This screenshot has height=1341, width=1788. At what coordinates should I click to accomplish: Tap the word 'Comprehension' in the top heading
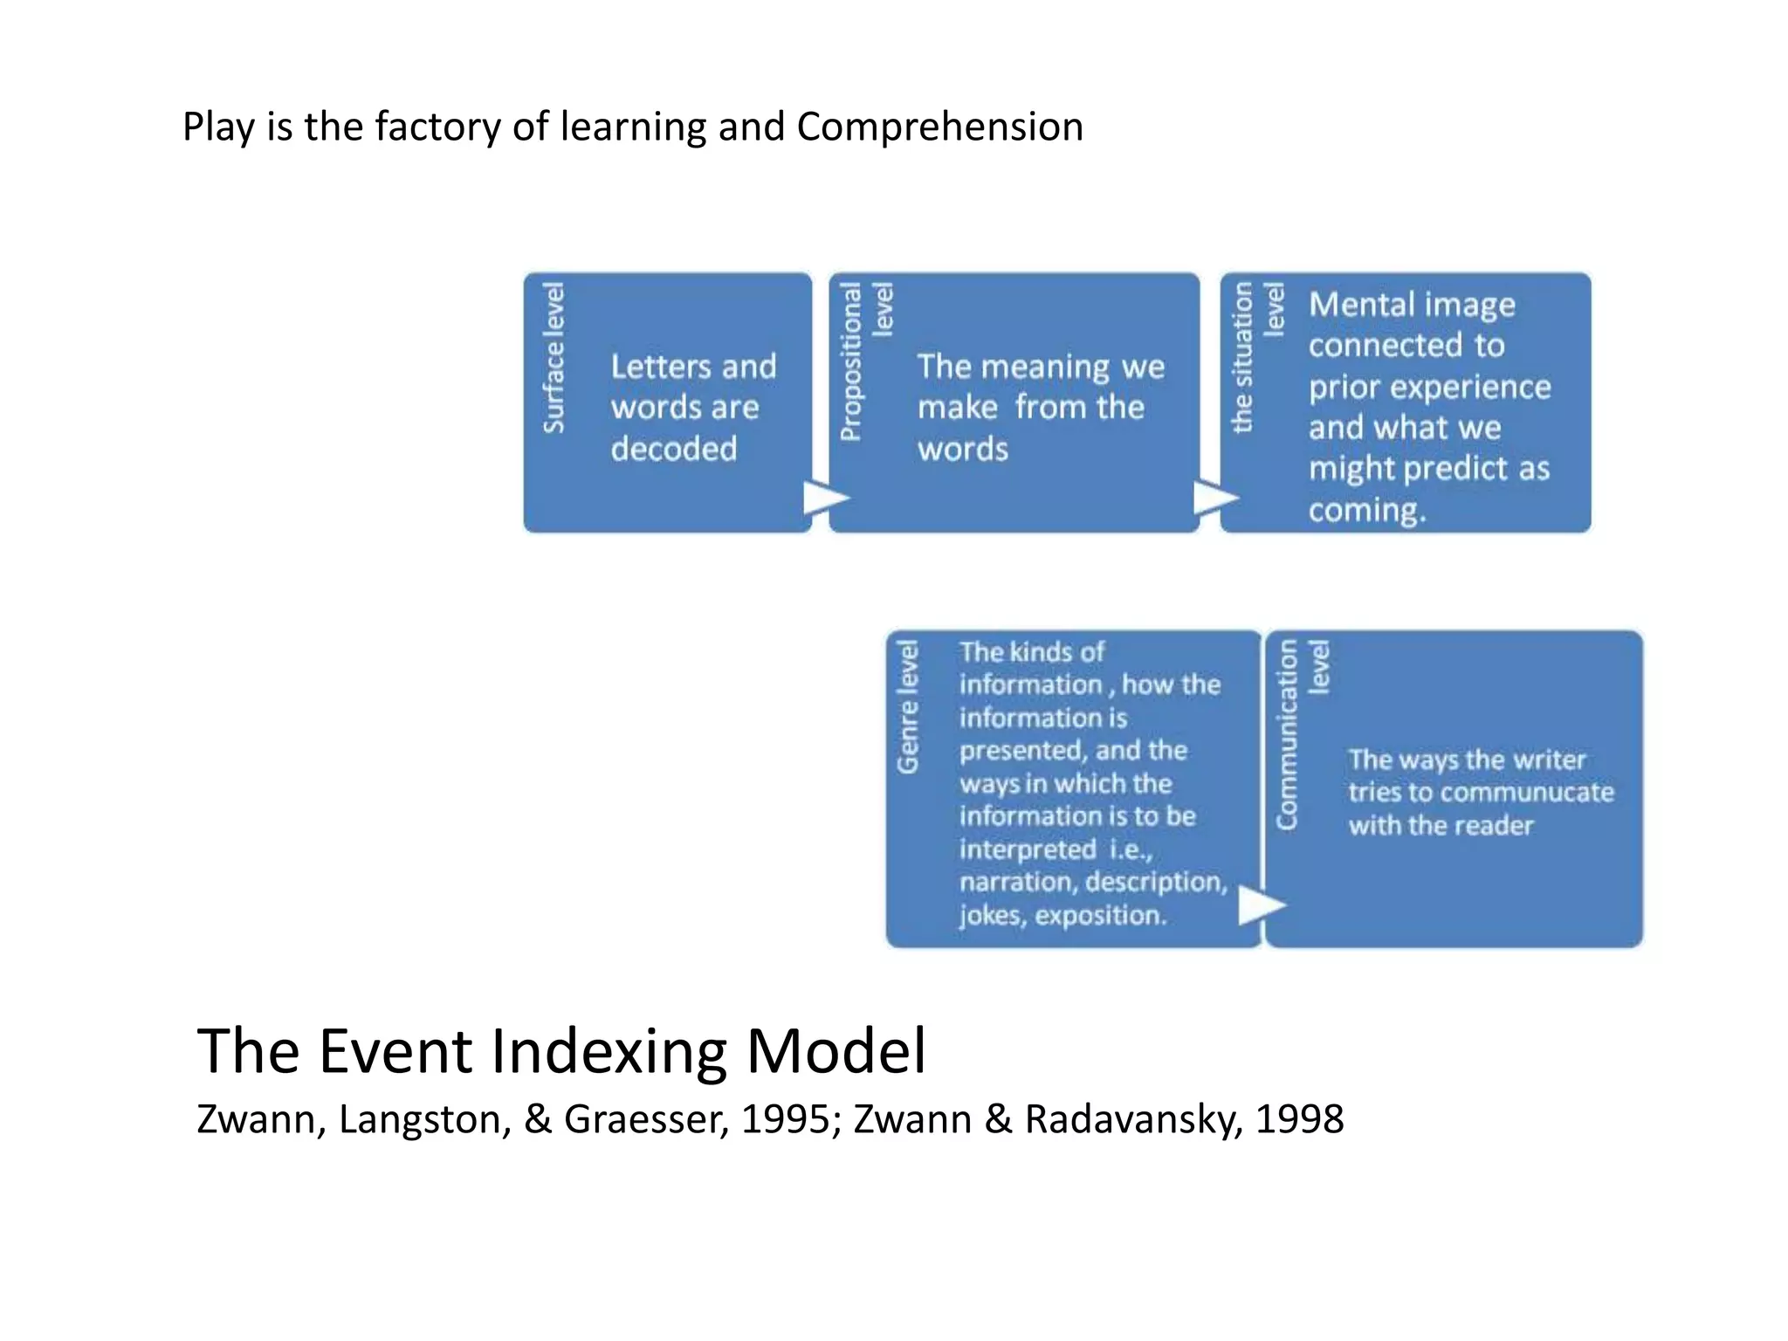click(x=939, y=127)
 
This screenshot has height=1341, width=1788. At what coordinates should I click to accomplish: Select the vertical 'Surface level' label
click(x=554, y=358)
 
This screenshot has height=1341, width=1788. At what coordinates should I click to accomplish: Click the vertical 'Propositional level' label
click(x=865, y=360)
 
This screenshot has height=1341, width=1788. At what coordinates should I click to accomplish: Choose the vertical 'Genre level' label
click(x=908, y=707)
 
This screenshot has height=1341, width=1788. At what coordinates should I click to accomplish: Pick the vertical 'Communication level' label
click(x=1301, y=733)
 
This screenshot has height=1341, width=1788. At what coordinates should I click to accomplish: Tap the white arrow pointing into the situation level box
click(x=1214, y=498)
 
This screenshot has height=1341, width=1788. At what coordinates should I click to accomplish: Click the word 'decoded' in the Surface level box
click(x=674, y=449)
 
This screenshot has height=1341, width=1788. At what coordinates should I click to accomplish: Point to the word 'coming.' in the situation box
click(x=1367, y=510)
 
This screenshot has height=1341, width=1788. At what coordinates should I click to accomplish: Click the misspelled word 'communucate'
click(x=1533, y=793)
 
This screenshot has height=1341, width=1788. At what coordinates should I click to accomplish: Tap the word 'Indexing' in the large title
click(x=609, y=1051)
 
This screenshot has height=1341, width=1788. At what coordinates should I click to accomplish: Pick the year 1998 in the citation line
click(x=1299, y=1120)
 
